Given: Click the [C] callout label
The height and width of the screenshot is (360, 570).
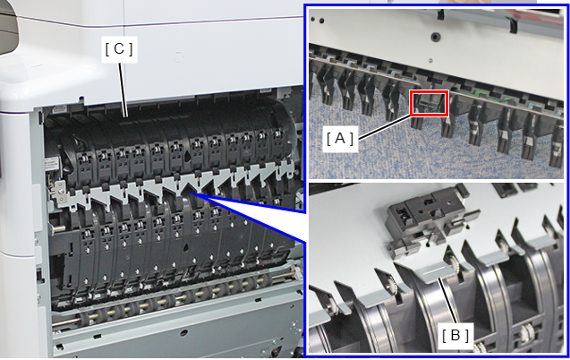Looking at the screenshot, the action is tap(119, 50).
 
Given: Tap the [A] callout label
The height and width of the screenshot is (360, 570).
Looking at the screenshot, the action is tap(340, 139).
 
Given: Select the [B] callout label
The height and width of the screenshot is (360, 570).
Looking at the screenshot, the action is tap(455, 336).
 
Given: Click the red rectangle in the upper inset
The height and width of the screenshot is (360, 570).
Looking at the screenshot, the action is tap(429, 103).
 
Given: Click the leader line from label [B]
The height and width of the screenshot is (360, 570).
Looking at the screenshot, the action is tap(448, 301).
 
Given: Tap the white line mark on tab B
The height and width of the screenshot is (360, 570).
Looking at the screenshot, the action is tap(435, 271).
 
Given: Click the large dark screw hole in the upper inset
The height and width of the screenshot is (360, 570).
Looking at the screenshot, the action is tap(434, 37).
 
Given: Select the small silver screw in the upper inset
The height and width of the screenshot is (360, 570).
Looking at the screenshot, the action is tap(430, 61).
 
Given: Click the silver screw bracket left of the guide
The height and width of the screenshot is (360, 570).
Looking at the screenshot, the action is tap(59, 192).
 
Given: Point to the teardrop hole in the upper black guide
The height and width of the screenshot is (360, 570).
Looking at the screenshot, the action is tap(187, 156).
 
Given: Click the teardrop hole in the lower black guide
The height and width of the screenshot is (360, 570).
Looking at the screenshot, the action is tap(187, 247).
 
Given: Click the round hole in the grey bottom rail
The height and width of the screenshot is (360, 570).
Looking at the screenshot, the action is tap(183, 331).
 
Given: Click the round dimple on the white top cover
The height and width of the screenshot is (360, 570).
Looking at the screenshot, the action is tap(178, 57).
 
